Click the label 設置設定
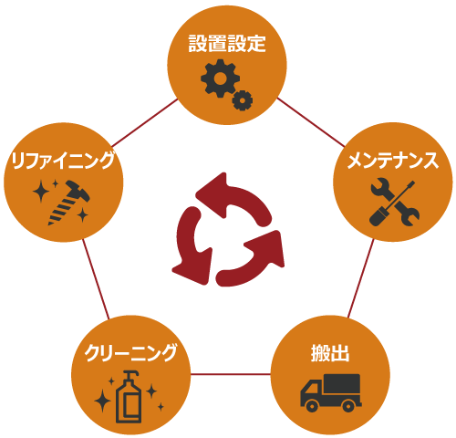click(x=227, y=44)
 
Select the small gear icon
click(x=243, y=100)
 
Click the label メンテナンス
click(x=393, y=161)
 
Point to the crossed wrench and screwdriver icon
click(x=394, y=203)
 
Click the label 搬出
click(x=330, y=353)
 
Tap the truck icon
click(x=331, y=393)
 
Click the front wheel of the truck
click(x=312, y=406)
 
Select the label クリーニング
click(x=130, y=353)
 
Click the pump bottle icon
click(x=129, y=397)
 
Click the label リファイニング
click(x=63, y=161)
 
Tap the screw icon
click(x=69, y=203)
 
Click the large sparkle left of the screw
click(x=41, y=191)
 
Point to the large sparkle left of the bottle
click(x=102, y=401)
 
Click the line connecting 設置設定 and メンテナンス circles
click(x=311, y=122)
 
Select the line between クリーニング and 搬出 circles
click(x=231, y=374)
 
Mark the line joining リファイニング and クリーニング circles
click(x=96, y=279)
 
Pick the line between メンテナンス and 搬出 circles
click(x=361, y=279)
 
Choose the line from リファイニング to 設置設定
click(x=145, y=122)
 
